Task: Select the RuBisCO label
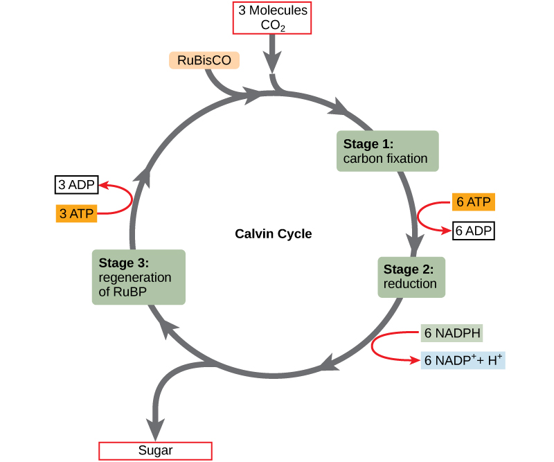click(x=204, y=60)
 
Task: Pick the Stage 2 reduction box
click(x=411, y=276)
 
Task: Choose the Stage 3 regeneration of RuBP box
click(x=138, y=276)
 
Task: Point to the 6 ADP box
click(x=474, y=231)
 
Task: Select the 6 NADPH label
click(x=452, y=333)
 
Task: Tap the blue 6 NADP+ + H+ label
click(x=463, y=360)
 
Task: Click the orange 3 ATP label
click(x=76, y=213)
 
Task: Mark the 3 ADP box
click(x=77, y=185)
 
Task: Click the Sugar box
click(x=156, y=450)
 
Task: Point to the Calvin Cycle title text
click(x=274, y=234)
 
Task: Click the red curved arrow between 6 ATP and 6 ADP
click(x=420, y=216)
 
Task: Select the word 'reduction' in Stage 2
click(x=410, y=284)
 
